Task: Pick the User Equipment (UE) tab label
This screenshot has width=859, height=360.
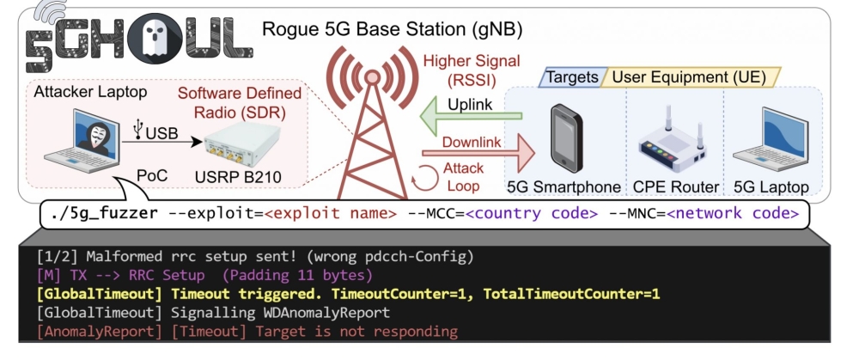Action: tap(689, 77)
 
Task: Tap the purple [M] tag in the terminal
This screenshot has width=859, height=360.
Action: tap(47, 275)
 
